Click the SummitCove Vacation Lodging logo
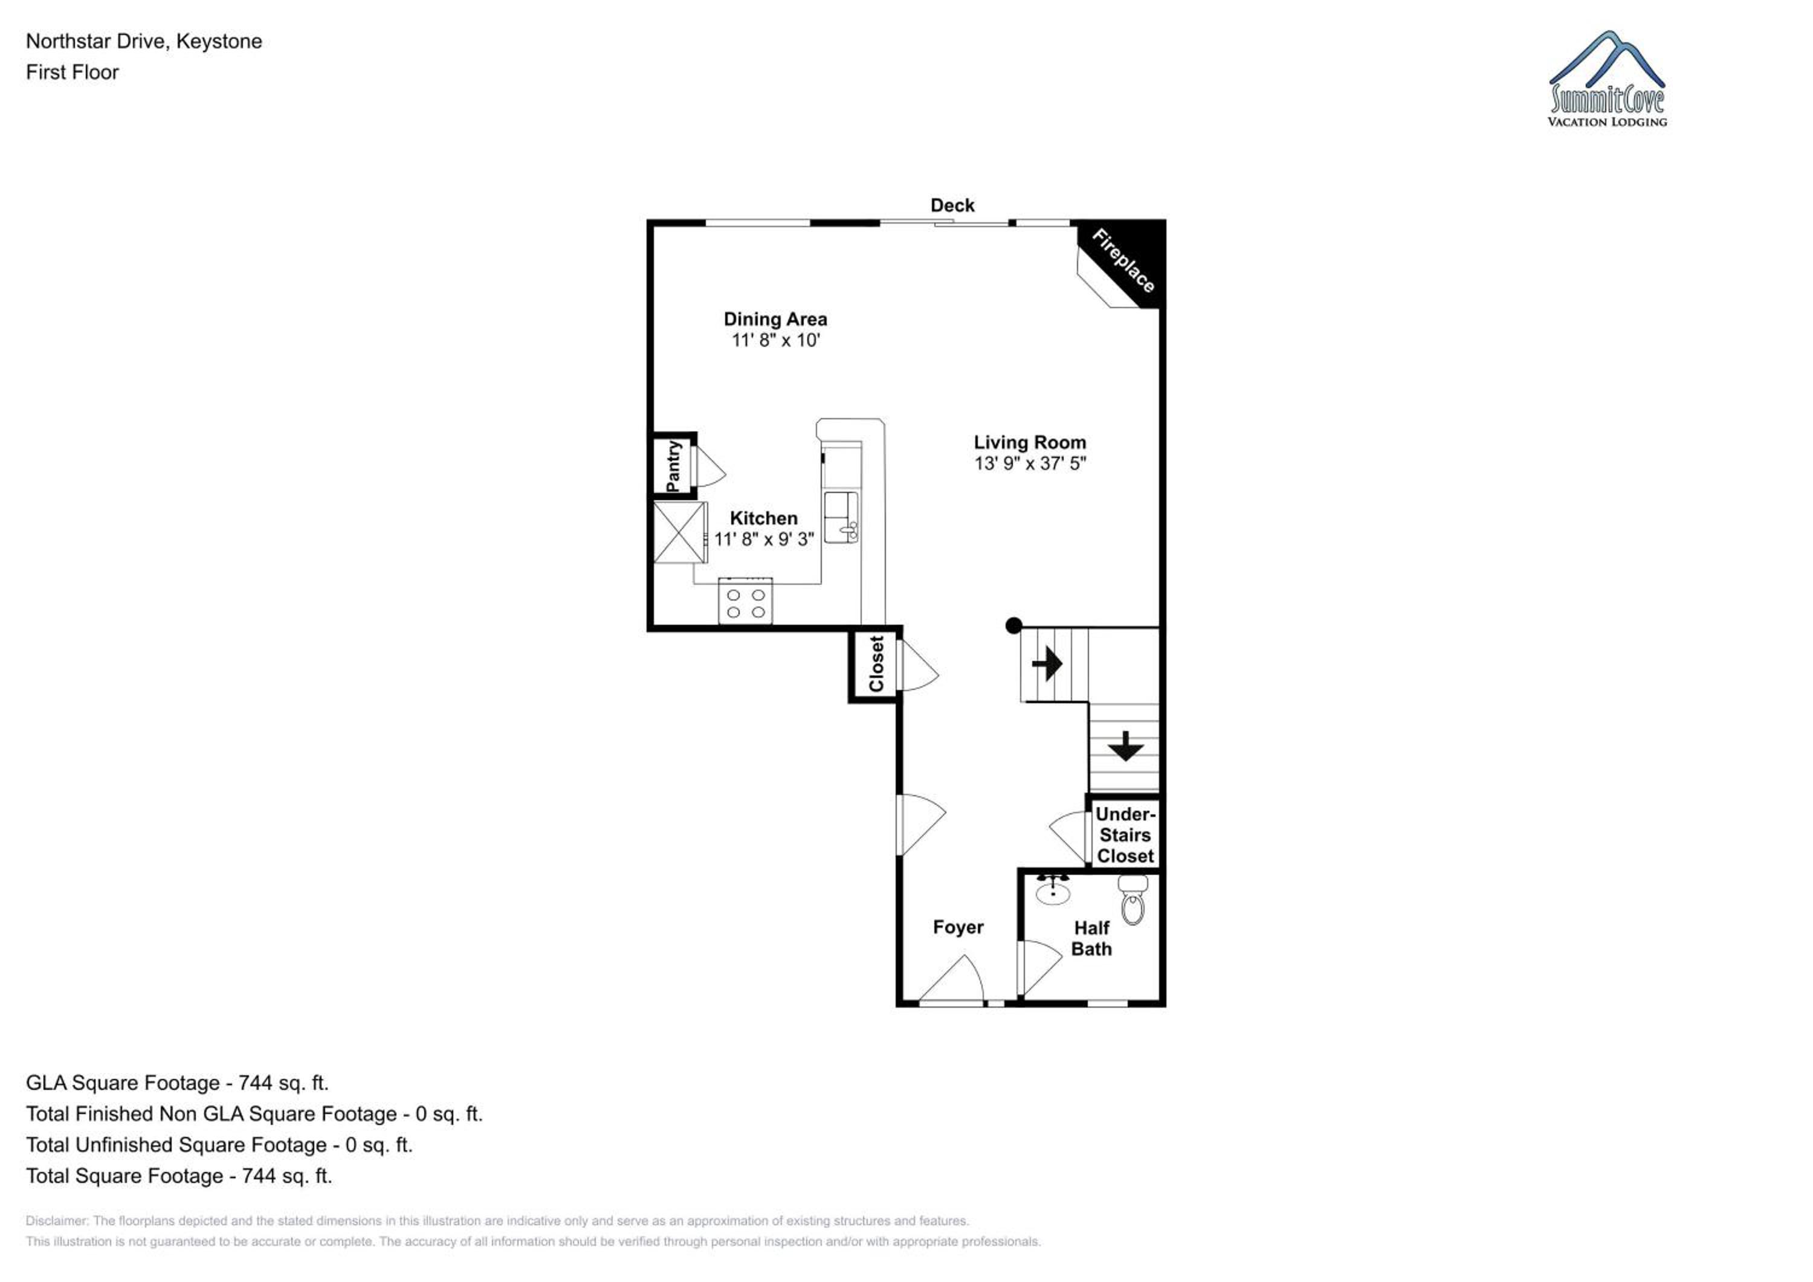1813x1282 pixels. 1607,79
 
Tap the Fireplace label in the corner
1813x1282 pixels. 1123,260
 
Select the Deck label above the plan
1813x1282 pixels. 952,205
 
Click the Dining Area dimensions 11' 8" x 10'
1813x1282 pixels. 775,340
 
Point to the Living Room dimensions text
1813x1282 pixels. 1030,463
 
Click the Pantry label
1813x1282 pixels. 674,466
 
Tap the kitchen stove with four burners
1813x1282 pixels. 745,601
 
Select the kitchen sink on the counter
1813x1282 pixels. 841,517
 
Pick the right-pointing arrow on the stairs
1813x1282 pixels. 1047,663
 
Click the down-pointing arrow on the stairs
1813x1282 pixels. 1125,745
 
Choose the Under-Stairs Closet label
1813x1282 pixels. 1125,834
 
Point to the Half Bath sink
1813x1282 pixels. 1053,890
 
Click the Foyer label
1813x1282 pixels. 958,927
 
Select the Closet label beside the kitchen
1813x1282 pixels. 876,664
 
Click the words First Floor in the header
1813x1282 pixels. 72,72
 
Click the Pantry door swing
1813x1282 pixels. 709,466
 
